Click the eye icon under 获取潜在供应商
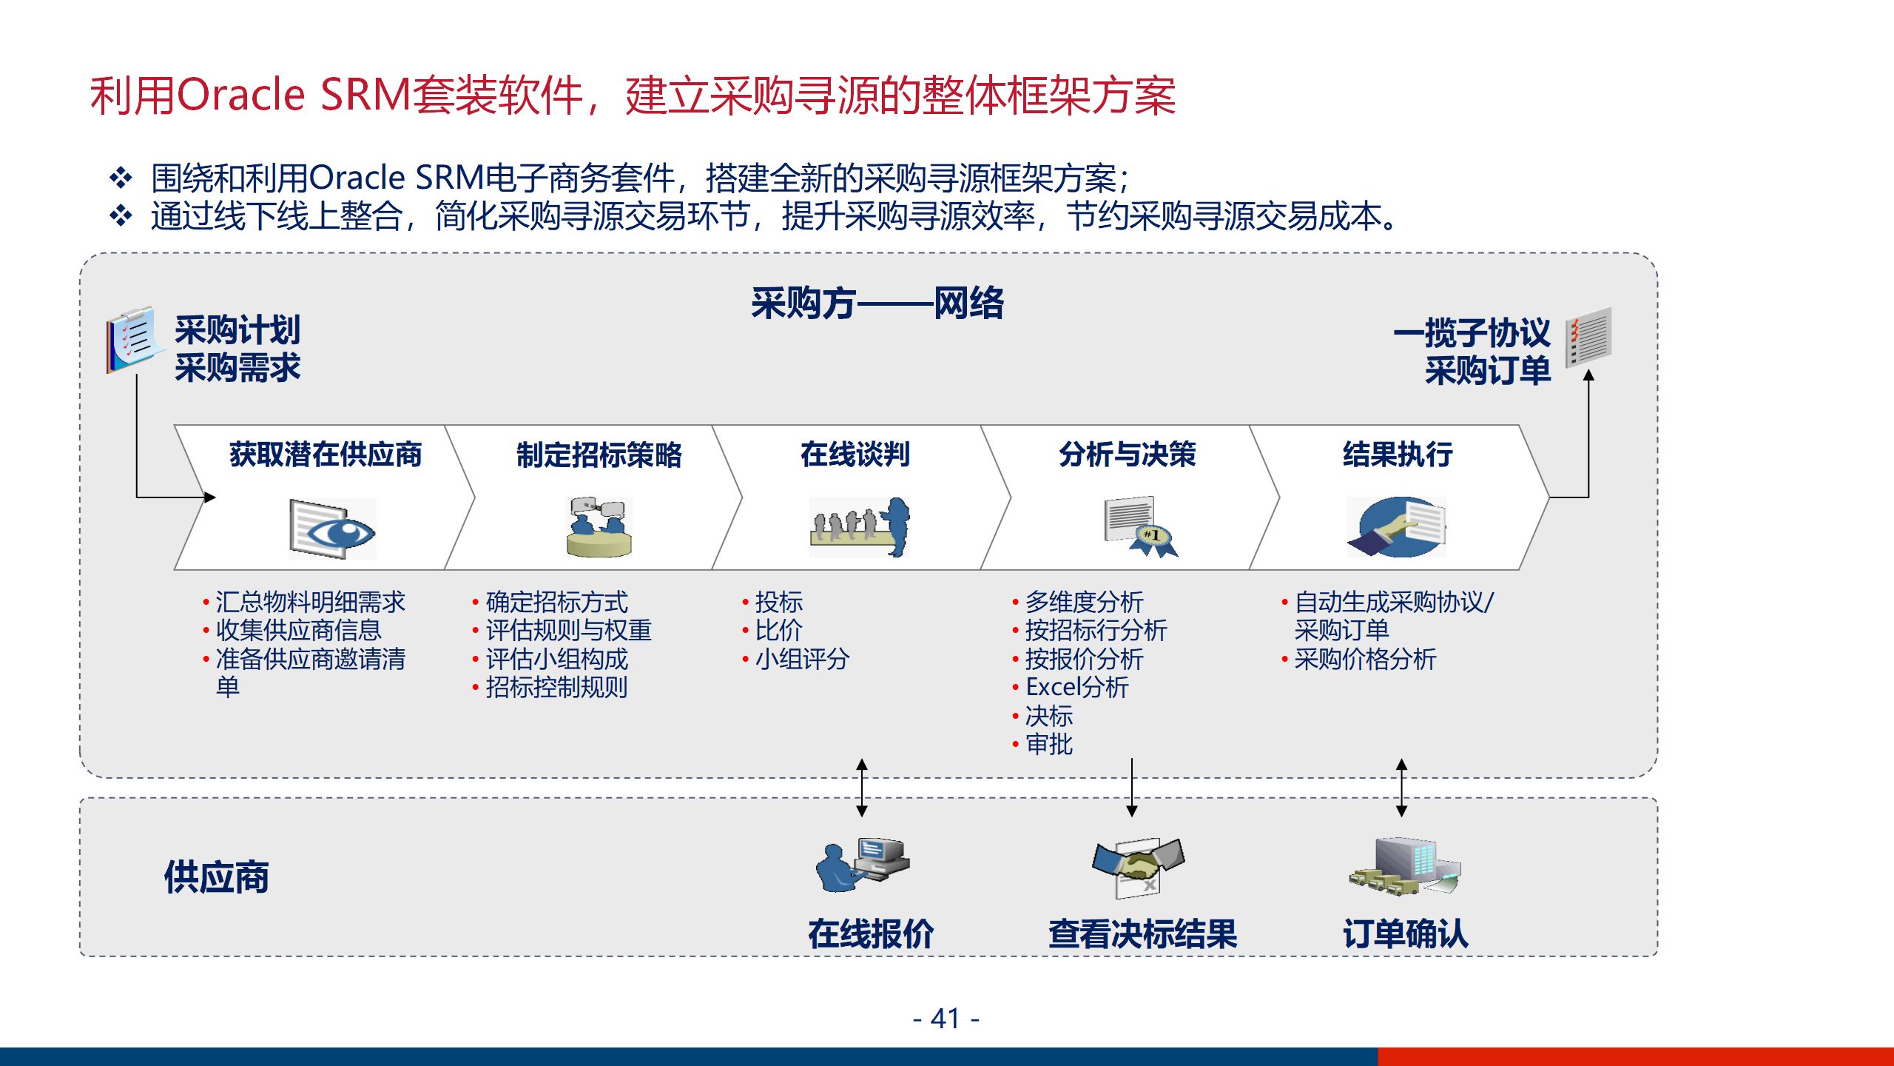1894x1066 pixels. [333, 529]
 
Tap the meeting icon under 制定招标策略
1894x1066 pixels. [599, 526]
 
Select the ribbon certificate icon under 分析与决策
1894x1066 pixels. [1139, 526]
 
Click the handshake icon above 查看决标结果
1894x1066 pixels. [1138, 867]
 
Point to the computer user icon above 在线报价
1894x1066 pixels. [863, 865]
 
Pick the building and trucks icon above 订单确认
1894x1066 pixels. [1404, 867]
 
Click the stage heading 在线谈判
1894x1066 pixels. [855, 455]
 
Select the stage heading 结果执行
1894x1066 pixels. [1398, 455]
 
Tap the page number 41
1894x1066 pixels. [946, 1019]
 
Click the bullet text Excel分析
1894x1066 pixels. [1077, 687]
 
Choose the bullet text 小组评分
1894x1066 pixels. [802, 659]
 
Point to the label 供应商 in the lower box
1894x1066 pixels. [216, 877]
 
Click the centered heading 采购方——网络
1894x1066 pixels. [877, 303]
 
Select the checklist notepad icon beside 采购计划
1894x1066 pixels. [132, 341]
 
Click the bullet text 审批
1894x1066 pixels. [1049, 744]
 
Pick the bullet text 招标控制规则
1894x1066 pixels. [556, 687]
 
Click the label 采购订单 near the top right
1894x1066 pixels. [1487, 370]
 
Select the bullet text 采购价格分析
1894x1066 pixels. [1365, 659]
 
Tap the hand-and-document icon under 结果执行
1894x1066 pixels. [1397, 527]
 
